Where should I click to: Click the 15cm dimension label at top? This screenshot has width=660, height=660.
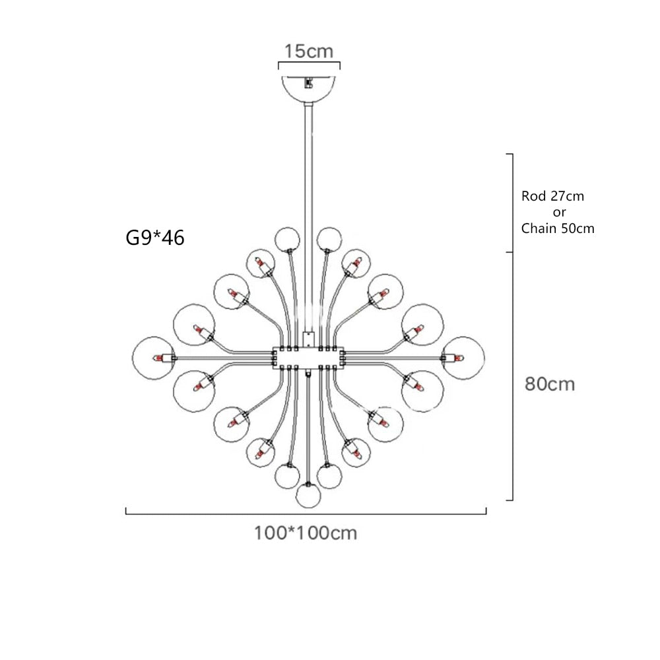tap(309, 51)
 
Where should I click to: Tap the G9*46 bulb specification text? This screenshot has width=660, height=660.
tap(155, 237)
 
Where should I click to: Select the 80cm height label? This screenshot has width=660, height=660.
tap(550, 383)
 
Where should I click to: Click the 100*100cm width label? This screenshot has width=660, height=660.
tap(306, 533)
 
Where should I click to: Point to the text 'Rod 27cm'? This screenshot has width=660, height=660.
tap(552, 196)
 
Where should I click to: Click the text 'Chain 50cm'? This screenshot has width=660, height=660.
tap(558, 229)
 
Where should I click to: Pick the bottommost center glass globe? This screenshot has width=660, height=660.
tap(308, 496)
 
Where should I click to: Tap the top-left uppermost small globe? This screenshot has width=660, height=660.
tap(287, 239)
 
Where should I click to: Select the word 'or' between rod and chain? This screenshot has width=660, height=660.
tap(559, 213)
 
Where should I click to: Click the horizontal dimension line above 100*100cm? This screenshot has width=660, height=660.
tap(306, 512)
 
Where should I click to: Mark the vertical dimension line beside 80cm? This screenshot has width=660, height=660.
tap(512, 376)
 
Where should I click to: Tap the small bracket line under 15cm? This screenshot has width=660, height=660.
tap(309, 65)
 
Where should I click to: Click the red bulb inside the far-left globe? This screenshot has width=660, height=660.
tap(159, 358)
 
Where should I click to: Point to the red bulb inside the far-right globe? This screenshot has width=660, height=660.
tap(458, 358)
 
